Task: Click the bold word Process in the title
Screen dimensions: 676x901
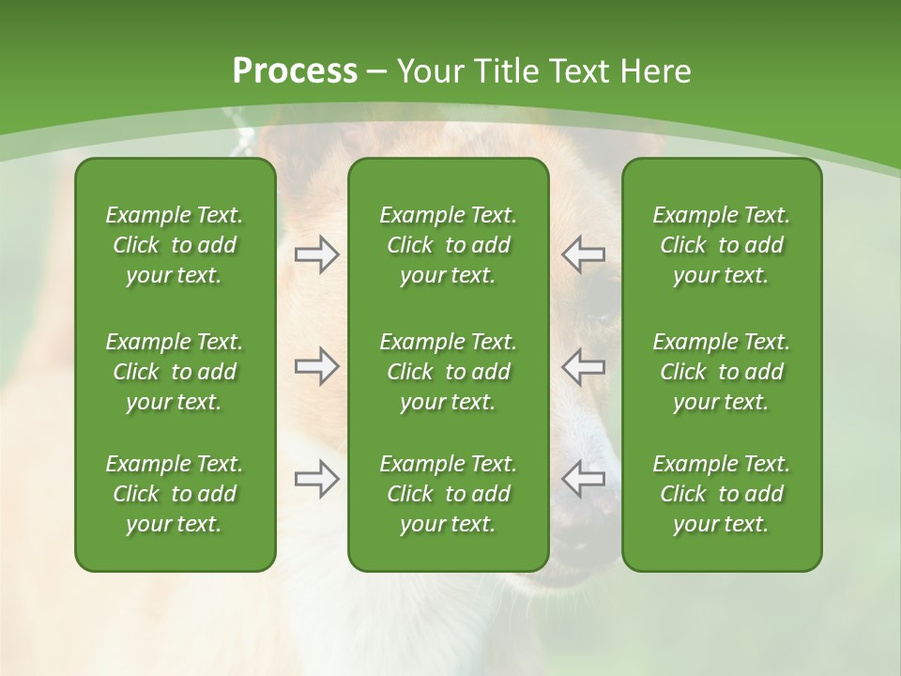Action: (295, 71)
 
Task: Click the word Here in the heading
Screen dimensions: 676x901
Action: (653, 71)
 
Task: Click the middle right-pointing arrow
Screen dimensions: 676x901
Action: (316, 366)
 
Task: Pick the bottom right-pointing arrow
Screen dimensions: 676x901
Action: (316, 479)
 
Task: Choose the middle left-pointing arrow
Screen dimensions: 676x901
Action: (583, 366)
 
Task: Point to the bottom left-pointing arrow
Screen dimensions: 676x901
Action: (583, 479)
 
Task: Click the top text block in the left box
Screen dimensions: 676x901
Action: (175, 245)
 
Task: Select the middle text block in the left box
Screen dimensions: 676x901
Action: (175, 372)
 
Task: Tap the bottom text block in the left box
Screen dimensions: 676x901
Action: (175, 494)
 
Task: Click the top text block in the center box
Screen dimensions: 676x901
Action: (448, 245)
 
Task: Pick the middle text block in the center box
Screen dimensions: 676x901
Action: (448, 372)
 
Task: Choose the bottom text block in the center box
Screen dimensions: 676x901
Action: (448, 494)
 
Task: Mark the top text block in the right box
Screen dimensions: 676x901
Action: (721, 245)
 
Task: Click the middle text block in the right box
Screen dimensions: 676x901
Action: (721, 372)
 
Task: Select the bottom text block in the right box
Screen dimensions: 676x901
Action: (721, 494)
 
